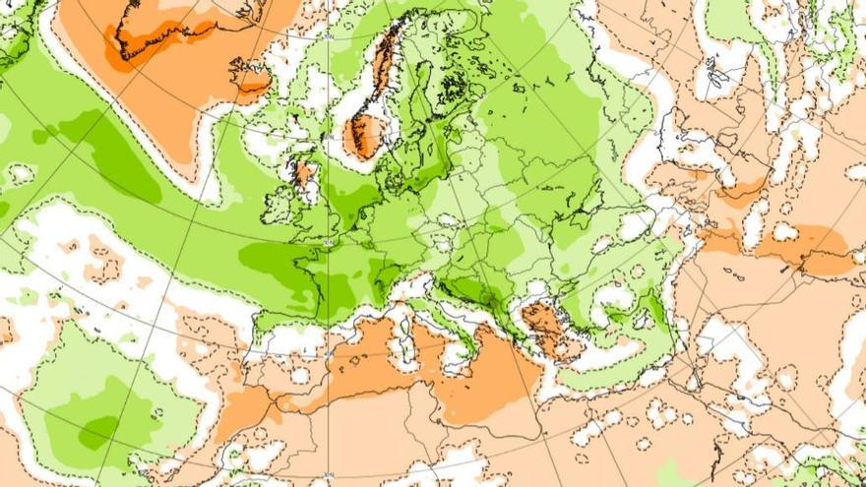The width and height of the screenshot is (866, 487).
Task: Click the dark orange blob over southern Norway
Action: pos(364,136)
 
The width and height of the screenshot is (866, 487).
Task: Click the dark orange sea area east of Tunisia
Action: pos(487,384)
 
